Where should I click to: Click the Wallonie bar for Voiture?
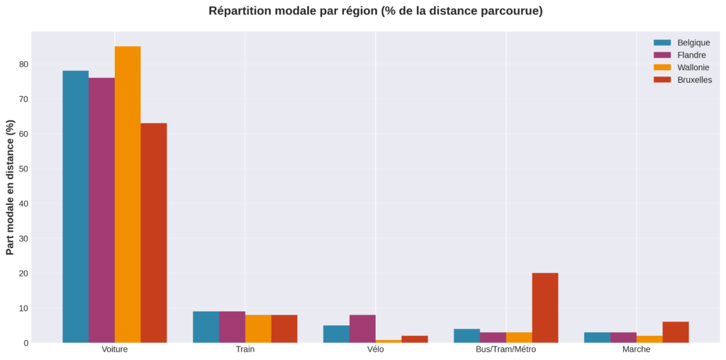[128, 194]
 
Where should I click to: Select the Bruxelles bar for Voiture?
[154, 233]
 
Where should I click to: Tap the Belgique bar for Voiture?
[75, 206]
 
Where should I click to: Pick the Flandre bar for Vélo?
[362, 329]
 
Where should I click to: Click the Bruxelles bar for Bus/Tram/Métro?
[544, 308]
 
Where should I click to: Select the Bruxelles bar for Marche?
[675, 332]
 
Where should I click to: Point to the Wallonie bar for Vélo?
[389, 341]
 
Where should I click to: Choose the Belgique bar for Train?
[206, 327]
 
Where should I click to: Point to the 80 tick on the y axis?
[23, 64]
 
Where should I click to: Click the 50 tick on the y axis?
[23, 169]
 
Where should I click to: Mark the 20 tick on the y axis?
[23, 274]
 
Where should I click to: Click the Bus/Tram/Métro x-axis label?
[506, 350]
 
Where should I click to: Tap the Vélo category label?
[376, 350]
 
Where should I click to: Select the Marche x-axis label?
[636, 350]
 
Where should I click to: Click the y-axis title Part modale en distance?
[10, 187]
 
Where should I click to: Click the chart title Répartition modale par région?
[376, 11]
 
